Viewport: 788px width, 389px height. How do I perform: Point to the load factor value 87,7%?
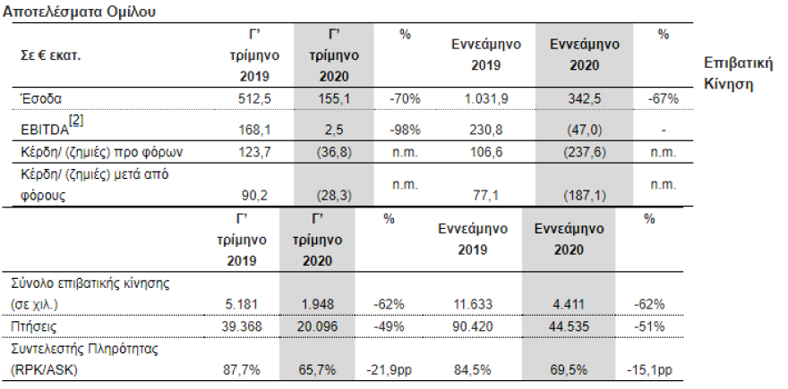(242, 368)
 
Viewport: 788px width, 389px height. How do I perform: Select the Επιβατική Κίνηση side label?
(739, 75)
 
